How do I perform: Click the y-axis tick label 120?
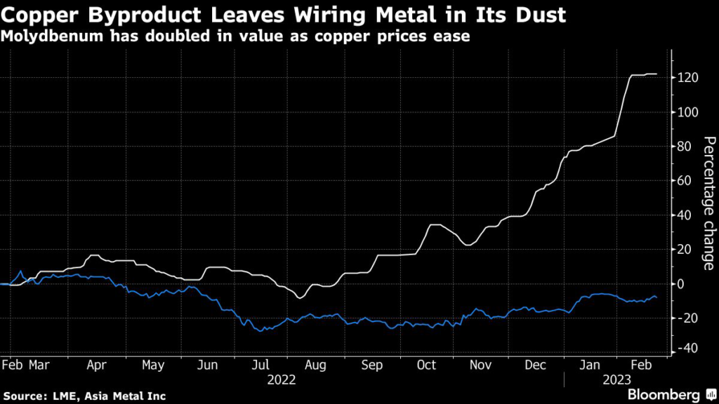[x=688, y=78]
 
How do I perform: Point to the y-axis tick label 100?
[x=688, y=112]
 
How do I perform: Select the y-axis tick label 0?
[x=682, y=283]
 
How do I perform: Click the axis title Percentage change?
[x=707, y=204]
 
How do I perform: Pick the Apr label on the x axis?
[x=98, y=365]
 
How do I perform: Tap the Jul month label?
[x=260, y=365]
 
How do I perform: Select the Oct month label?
[x=426, y=365]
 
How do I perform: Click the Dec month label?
[x=536, y=365]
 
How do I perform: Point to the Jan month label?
[x=591, y=365]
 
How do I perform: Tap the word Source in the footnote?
[x=22, y=396]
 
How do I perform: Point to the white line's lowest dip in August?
[x=301, y=298]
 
